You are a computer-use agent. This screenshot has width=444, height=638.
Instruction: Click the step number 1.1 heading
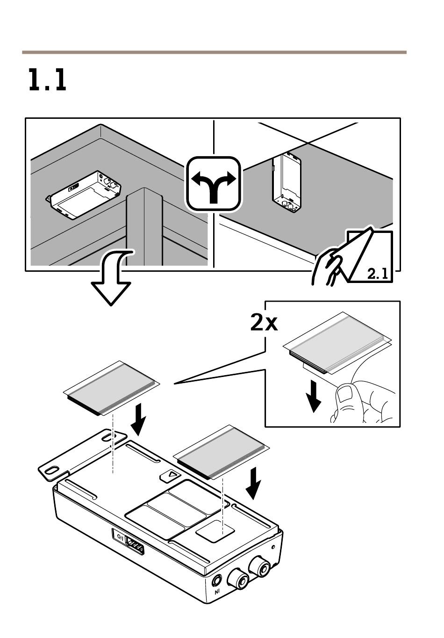click(x=47, y=80)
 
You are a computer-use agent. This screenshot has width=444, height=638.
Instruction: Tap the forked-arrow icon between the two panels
click(x=214, y=183)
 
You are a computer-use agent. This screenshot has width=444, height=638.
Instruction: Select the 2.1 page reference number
click(x=378, y=274)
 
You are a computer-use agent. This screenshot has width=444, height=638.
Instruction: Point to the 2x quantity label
click(x=264, y=323)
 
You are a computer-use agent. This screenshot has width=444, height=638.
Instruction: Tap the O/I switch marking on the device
click(x=121, y=537)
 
